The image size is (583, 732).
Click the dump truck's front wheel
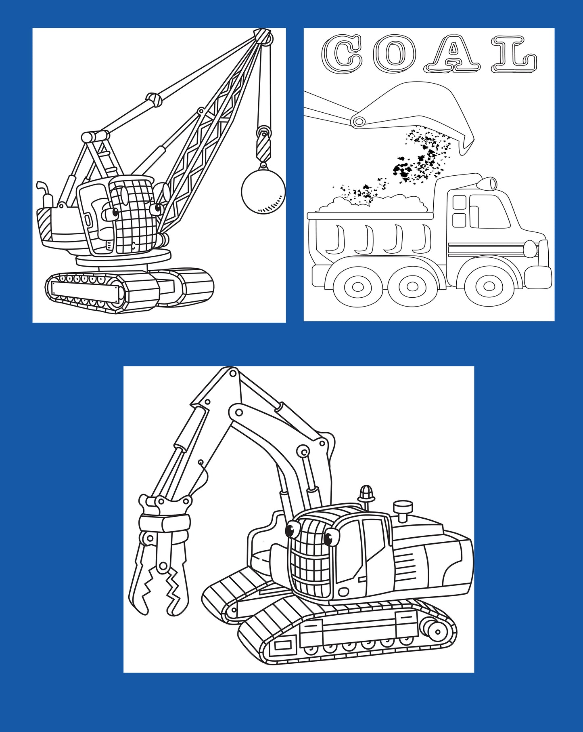491,286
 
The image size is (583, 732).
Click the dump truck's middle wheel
412,286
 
